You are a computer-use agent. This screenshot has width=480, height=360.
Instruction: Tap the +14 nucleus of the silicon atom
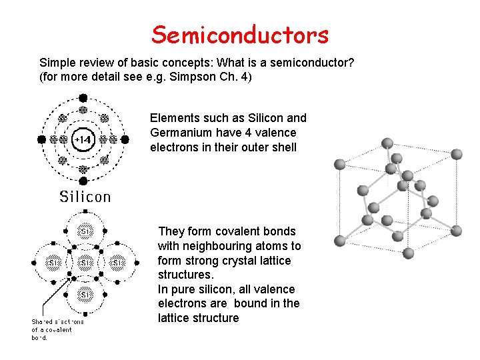(83, 140)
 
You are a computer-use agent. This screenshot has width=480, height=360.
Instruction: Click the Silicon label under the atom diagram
(85, 196)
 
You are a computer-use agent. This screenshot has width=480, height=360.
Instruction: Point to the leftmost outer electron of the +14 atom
(41, 140)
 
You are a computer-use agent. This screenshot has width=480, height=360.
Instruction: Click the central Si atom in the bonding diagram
(85, 263)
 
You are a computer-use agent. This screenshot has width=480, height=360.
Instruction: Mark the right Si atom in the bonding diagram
(117, 263)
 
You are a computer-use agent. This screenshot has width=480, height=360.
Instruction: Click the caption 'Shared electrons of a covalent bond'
(59, 329)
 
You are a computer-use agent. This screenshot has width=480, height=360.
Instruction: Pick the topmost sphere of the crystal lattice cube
(387, 143)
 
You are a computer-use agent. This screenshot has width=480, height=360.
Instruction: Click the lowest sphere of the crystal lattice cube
(408, 253)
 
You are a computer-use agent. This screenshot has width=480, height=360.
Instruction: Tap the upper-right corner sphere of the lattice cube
(457, 154)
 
